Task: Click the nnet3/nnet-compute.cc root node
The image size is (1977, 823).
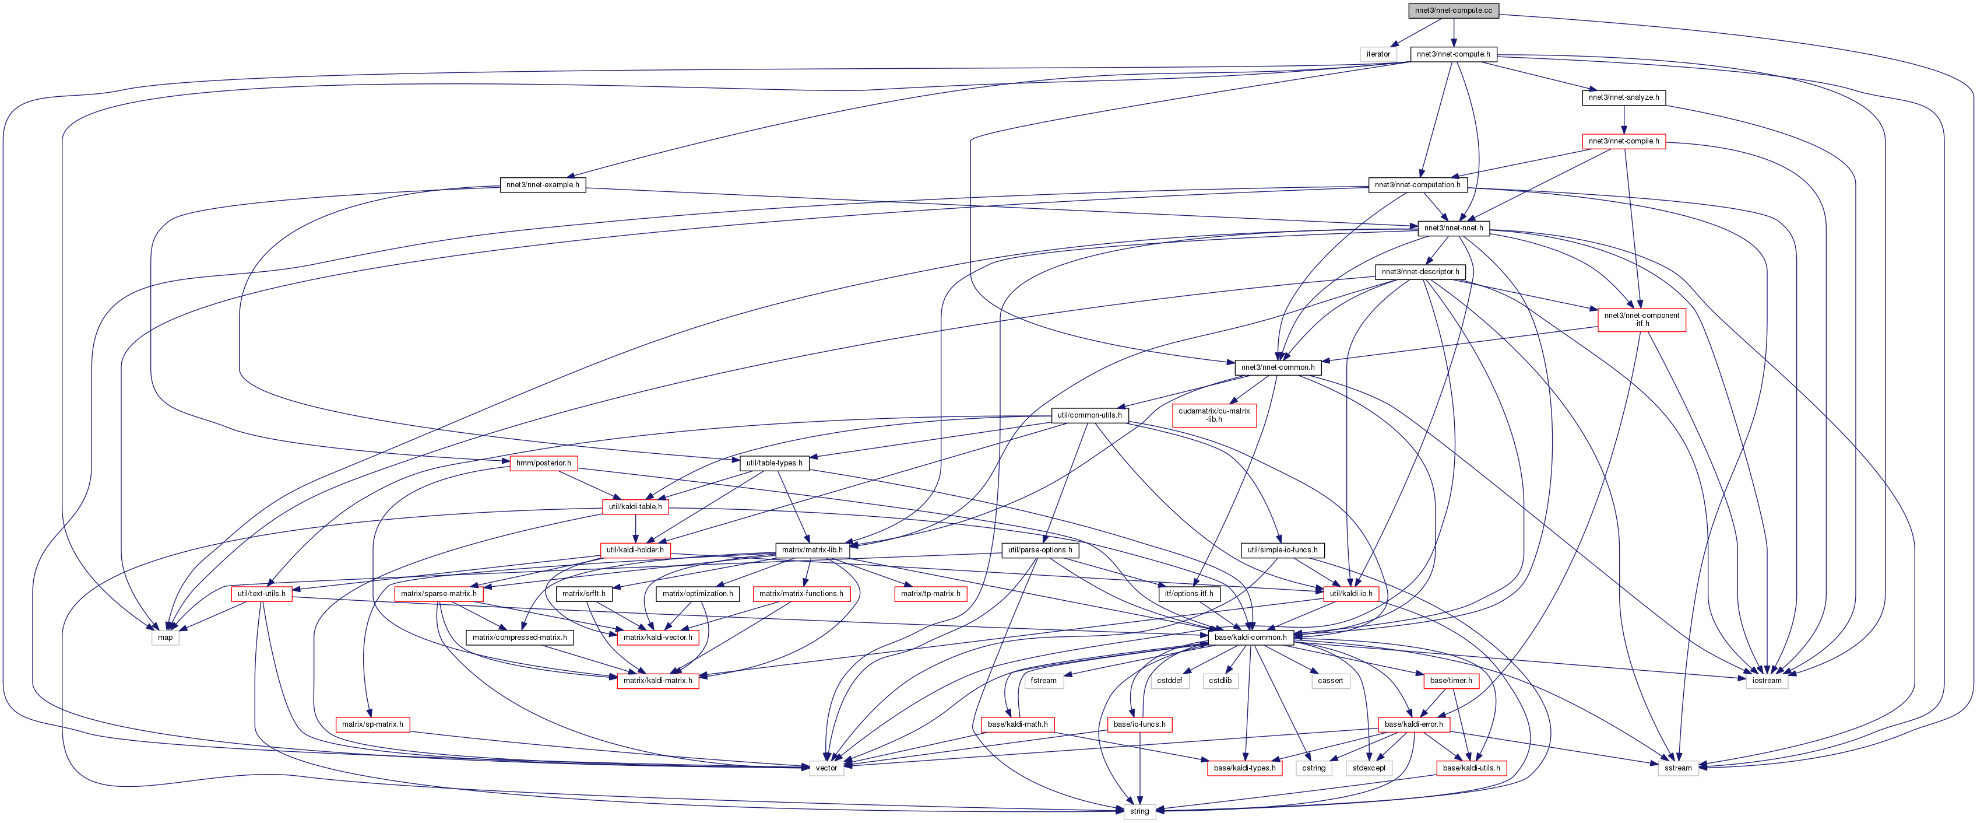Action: point(1453,10)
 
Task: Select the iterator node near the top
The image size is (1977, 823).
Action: point(1378,54)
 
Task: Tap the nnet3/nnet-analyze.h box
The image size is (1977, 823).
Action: point(1623,97)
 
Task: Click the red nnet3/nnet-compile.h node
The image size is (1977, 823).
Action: point(1623,141)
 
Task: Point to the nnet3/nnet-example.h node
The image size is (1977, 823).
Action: point(543,185)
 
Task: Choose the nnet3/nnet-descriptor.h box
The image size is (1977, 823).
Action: point(1420,272)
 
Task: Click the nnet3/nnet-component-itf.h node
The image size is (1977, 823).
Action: point(1642,320)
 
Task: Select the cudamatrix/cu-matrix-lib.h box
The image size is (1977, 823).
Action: point(1214,415)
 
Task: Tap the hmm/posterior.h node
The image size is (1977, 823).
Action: point(543,463)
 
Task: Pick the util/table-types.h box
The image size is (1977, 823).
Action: point(775,463)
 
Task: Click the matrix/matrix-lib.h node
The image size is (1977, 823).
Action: point(812,549)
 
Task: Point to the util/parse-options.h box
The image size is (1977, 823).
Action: point(1040,549)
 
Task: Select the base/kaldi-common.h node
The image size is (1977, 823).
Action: point(1250,637)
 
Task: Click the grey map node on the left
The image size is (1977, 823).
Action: point(165,637)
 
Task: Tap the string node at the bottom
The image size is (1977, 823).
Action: point(1139,811)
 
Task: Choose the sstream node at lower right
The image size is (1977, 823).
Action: point(1677,768)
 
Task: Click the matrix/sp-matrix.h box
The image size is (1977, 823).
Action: point(372,724)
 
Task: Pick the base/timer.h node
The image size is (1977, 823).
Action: point(1451,680)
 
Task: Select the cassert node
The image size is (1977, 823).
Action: point(1330,680)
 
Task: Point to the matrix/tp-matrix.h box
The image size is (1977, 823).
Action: point(930,593)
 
